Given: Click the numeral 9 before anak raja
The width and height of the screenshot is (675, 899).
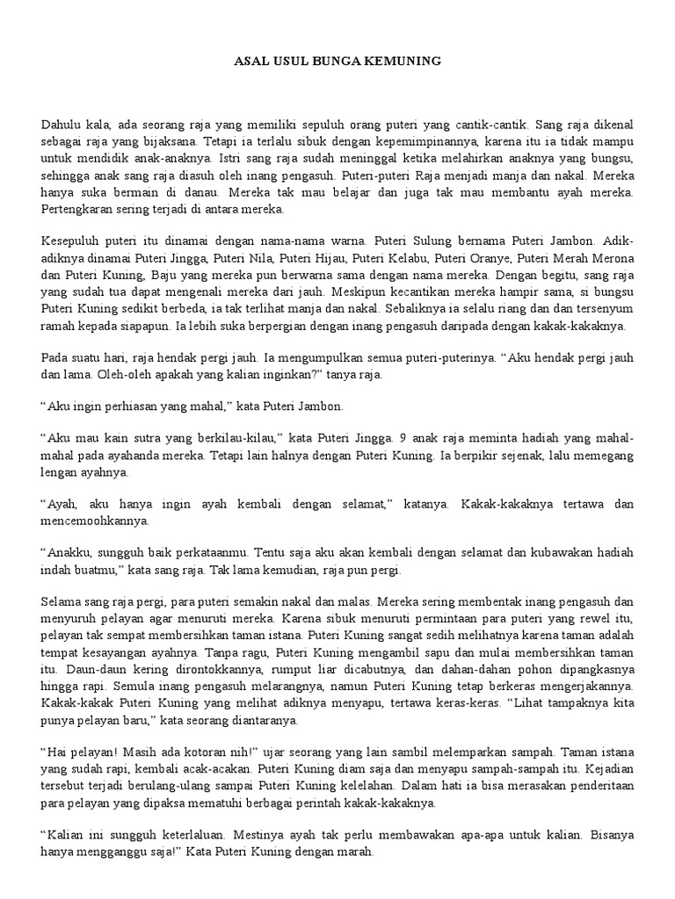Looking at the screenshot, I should click(402, 439).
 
